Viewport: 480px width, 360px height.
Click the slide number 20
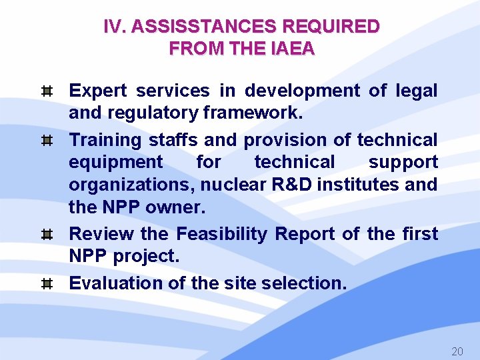pos(457,351)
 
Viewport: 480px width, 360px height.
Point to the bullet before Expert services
pos(47,91)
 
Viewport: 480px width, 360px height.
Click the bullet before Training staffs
pos(47,140)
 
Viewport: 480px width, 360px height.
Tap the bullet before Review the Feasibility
pos(47,234)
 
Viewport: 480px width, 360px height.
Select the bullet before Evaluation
pos(47,283)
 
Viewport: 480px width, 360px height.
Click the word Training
pos(106,140)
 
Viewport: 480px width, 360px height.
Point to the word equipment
pos(115,162)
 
